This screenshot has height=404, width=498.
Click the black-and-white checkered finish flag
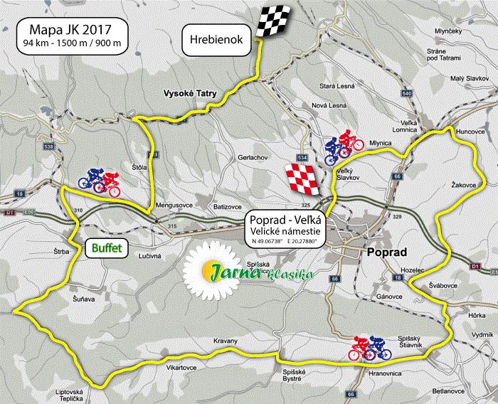[276, 22]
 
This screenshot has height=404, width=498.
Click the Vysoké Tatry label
[190, 93]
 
